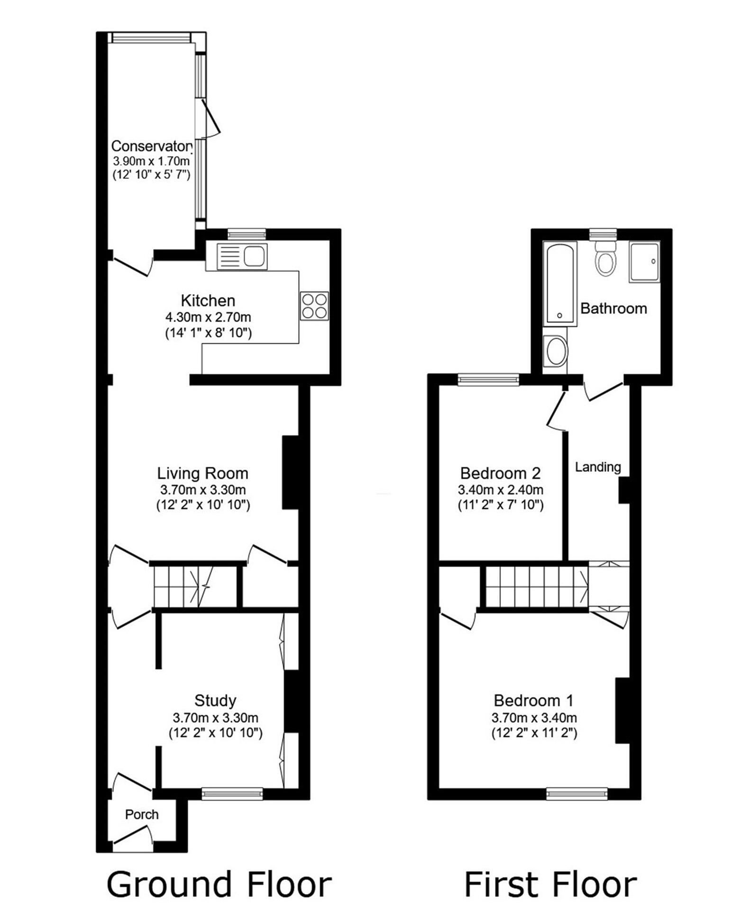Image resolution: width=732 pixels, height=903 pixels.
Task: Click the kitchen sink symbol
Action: pos(242,257)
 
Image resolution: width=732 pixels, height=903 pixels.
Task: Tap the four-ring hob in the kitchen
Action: pos(314,305)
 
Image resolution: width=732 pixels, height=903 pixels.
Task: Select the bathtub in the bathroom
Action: pos(560,284)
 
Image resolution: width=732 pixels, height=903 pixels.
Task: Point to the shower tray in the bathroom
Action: pos(644,262)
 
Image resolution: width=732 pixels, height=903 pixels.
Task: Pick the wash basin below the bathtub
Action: pos(556,351)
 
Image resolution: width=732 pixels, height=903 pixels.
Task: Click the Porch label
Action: pos(141,814)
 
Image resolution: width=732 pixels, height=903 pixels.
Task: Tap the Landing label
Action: pos(598,467)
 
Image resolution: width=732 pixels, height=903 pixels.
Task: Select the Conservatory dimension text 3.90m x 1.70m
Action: pos(150,161)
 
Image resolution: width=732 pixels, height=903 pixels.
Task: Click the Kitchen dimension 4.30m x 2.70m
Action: pos(208,317)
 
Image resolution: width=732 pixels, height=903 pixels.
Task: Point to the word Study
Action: pos(215,700)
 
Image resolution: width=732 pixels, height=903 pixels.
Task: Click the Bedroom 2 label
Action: pos(500,473)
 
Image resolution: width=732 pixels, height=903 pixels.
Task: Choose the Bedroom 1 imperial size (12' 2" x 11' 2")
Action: pos(534,733)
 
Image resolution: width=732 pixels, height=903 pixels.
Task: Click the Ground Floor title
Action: pos(219,883)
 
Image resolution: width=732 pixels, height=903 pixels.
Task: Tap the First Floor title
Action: pos(550,883)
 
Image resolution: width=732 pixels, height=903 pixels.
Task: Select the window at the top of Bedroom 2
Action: pos(488,379)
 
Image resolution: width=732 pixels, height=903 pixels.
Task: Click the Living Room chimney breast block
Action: pos(290,473)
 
